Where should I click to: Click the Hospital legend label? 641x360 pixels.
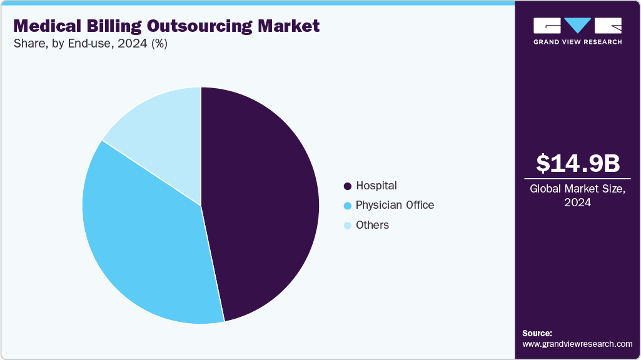point(376,186)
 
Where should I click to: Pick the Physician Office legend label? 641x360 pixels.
point(395,205)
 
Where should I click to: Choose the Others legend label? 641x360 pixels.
point(372,225)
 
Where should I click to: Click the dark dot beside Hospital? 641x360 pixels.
point(347,186)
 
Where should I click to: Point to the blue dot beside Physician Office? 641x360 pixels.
point(347,206)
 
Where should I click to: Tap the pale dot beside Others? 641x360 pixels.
point(347,226)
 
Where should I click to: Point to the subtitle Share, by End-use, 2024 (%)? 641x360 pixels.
point(90,44)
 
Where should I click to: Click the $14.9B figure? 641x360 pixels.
point(578,163)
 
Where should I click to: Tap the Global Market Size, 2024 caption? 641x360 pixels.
point(578,196)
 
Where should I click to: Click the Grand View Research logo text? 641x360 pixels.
point(578,42)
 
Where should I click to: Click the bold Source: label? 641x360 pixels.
point(537,333)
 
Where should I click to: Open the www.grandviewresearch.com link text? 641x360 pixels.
point(577,344)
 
